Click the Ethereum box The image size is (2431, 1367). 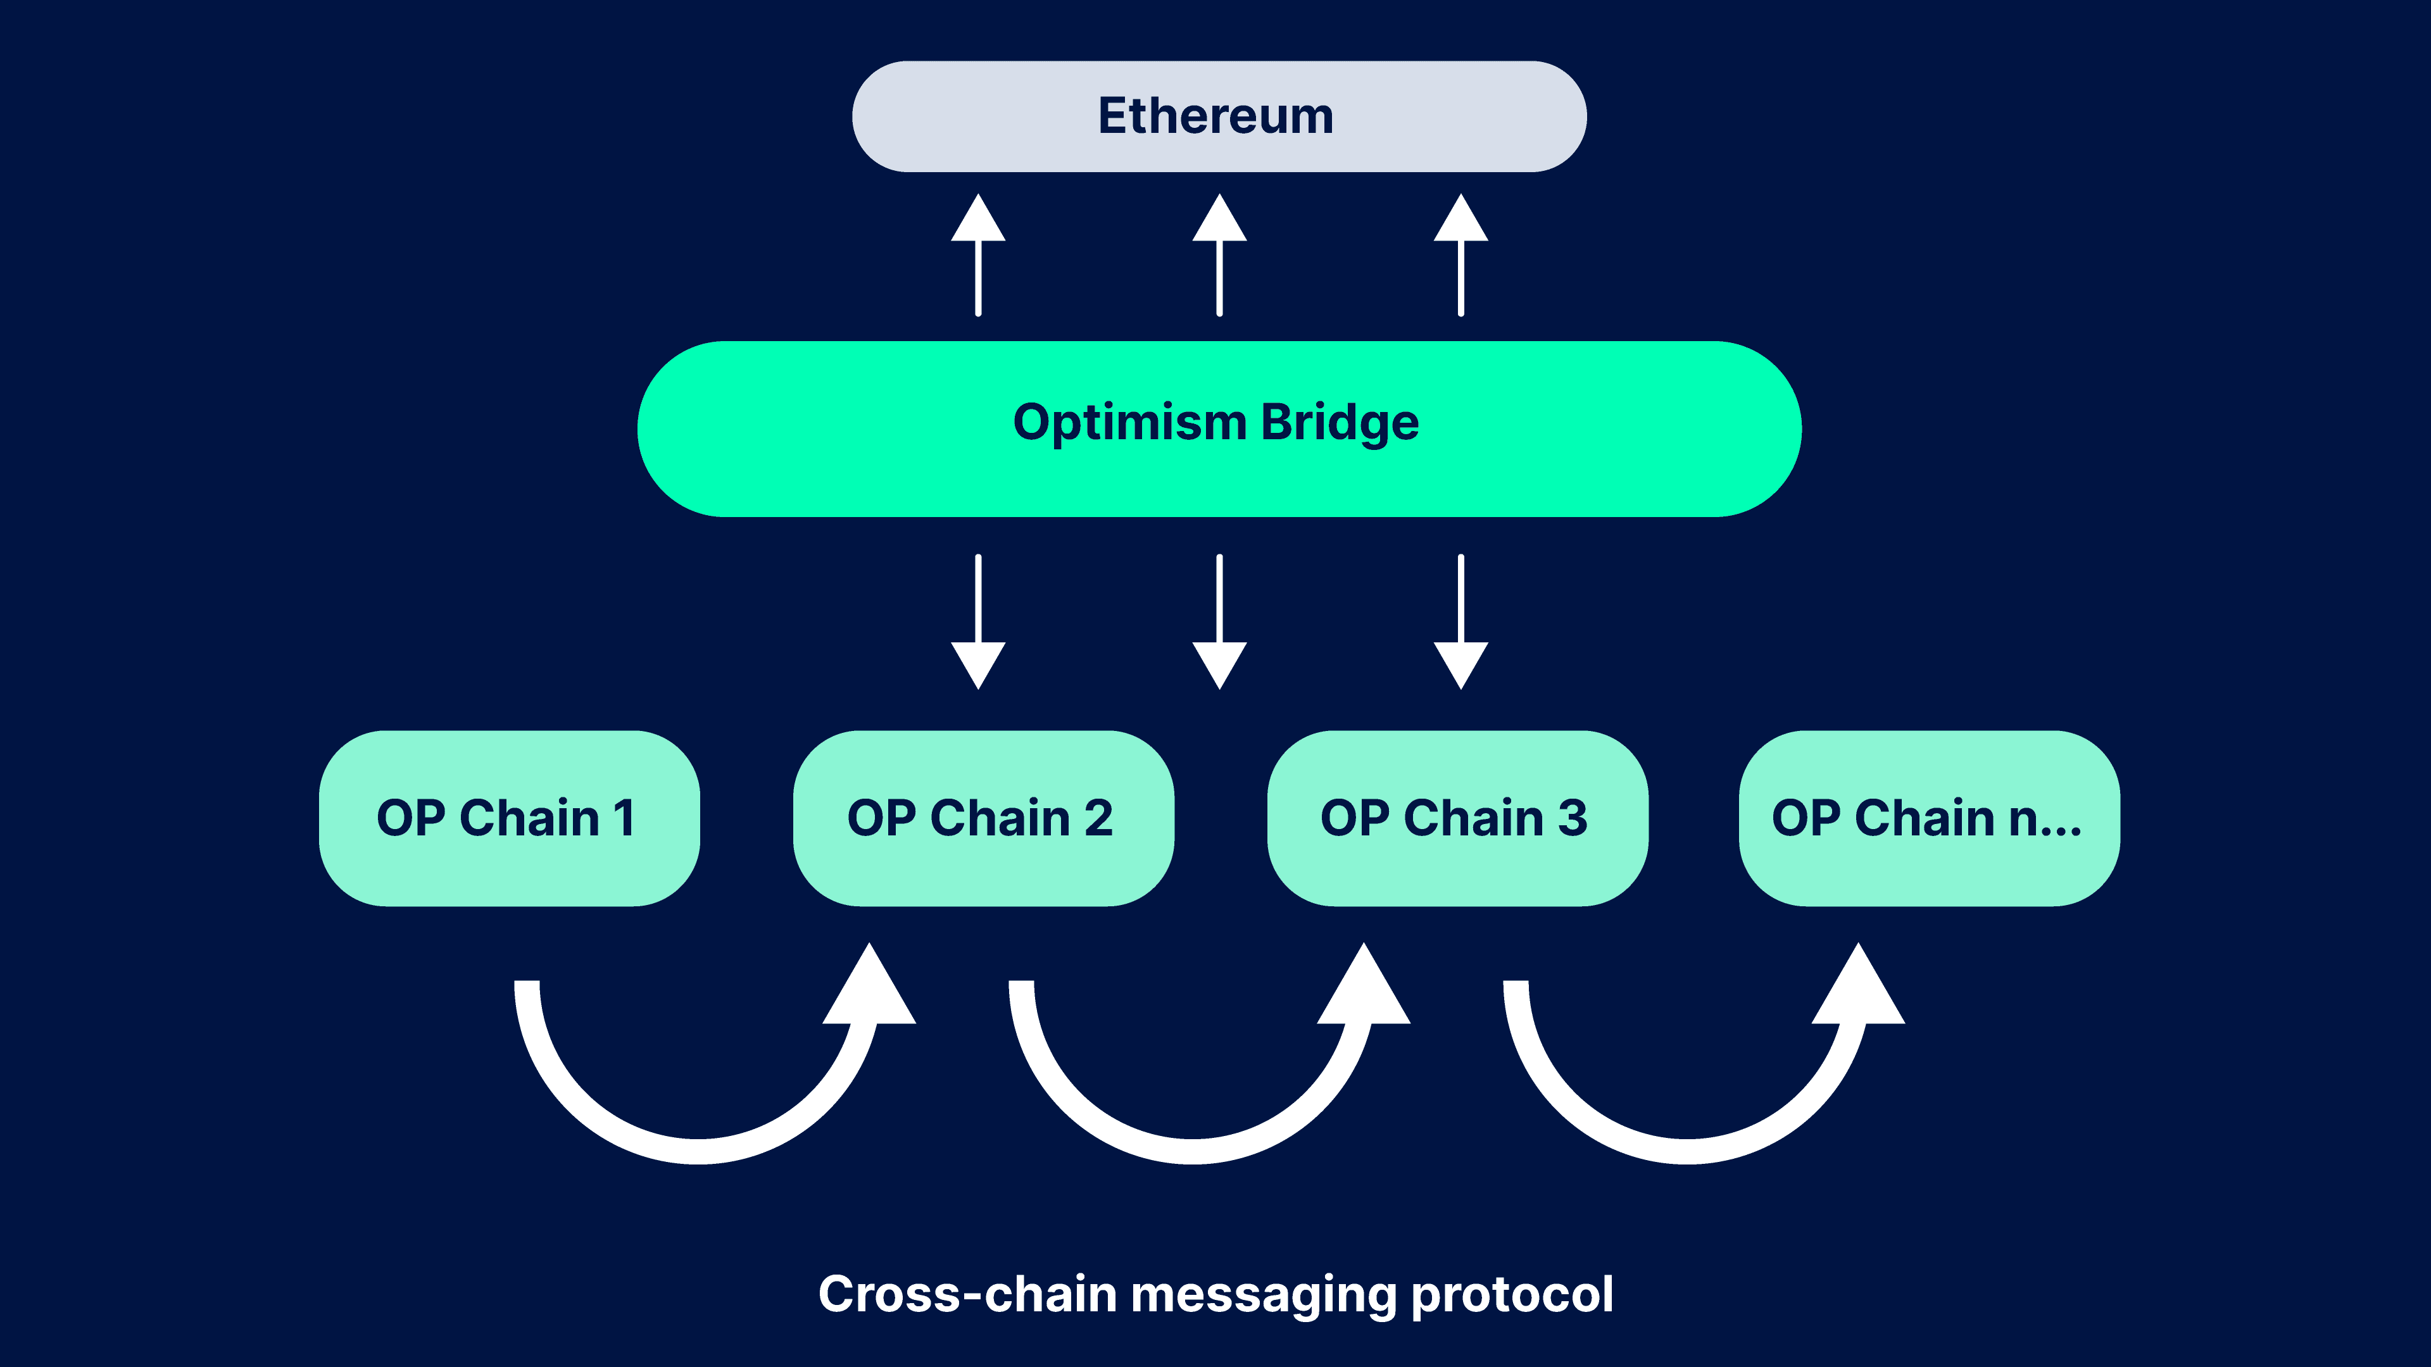pyautogui.click(x=1219, y=116)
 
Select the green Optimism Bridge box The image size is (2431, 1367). pyautogui.click(x=1219, y=429)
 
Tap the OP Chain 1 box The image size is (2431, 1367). pyautogui.click(x=510, y=818)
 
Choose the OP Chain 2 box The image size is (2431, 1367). pyautogui.click(x=983, y=818)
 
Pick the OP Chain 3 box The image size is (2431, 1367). pyautogui.click(x=1458, y=818)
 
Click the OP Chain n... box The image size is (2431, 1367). pyautogui.click(x=1930, y=818)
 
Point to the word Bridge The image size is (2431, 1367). pyautogui.click(x=1340, y=423)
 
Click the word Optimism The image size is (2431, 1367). pyautogui.click(x=1129, y=423)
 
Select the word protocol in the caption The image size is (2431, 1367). pyautogui.click(x=1513, y=1296)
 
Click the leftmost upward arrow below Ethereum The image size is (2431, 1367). pyautogui.click(x=979, y=254)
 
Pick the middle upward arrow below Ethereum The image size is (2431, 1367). pyautogui.click(x=1219, y=254)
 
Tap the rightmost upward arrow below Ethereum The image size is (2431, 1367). pyautogui.click(x=1461, y=254)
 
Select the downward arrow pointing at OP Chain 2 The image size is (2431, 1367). pyautogui.click(x=979, y=621)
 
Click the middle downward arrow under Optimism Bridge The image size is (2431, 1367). pyautogui.click(x=1219, y=621)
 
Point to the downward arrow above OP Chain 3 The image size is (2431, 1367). pyautogui.click(x=1461, y=621)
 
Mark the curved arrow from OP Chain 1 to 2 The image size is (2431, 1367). pyautogui.click(x=698, y=1151)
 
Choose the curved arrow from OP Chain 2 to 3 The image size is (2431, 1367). pyautogui.click(x=1194, y=1151)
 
